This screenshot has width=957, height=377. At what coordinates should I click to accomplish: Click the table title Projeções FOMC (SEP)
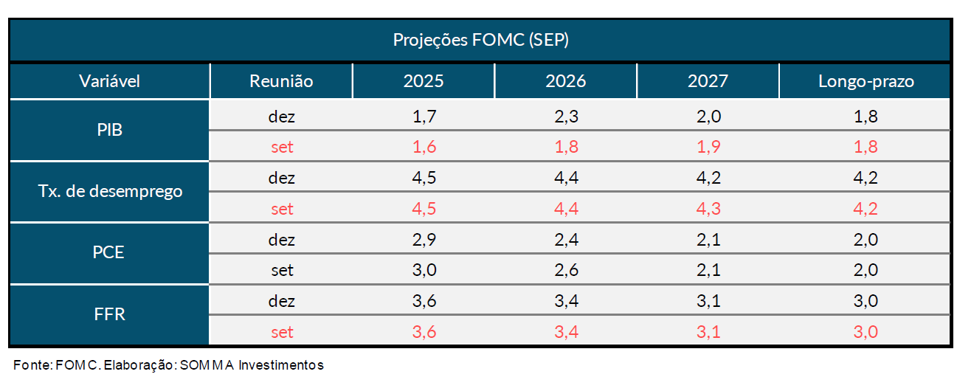[x=480, y=41]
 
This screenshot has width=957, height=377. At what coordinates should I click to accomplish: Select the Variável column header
[x=109, y=81]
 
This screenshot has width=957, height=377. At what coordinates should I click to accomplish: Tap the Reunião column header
[x=281, y=81]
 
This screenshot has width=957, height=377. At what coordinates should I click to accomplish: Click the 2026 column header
[x=565, y=81]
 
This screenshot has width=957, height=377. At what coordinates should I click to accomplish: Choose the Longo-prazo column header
[x=866, y=81]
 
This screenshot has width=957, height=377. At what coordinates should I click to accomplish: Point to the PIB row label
[x=109, y=131]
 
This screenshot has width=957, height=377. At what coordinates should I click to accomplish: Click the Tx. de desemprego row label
[x=109, y=192]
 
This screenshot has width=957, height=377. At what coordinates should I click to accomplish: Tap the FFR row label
[x=109, y=314]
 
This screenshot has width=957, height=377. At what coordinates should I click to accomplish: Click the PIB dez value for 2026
[x=565, y=116]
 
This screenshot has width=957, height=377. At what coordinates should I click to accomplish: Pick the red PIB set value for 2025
[x=424, y=147]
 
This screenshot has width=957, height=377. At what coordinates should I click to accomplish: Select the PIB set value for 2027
[x=707, y=147]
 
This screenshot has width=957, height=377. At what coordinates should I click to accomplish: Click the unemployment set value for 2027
[x=707, y=209]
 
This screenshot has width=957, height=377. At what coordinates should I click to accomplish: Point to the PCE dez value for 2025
[x=424, y=240]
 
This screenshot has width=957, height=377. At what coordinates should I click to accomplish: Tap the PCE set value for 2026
[x=565, y=271]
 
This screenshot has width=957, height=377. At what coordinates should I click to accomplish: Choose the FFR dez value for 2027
[x=707, y=301]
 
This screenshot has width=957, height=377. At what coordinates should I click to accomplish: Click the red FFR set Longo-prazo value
[x=866, y=332]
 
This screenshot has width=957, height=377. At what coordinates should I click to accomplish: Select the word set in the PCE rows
[x=282, y=271]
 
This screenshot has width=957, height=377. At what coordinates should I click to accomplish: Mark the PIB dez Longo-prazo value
[x=866, y=116]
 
